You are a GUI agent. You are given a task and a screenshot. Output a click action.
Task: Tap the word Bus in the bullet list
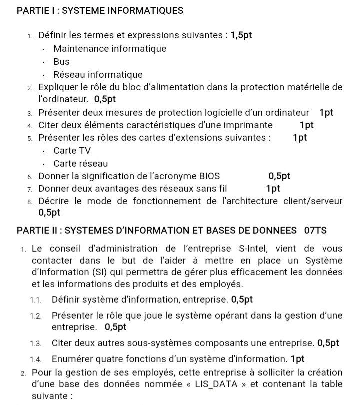[x=62, y=62]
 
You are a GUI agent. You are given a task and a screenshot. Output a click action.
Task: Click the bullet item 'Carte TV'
[x=72, y=150]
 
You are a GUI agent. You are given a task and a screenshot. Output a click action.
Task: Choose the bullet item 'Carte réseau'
[x=81, y=163]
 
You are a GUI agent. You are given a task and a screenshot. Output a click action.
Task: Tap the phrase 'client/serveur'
[x=313, y=201]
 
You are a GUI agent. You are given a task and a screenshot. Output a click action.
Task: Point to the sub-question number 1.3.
[x=35, y=343]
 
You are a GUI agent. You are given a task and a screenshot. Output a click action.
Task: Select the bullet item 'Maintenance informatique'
[x=110, y=49]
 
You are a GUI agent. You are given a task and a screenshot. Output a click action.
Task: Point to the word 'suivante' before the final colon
[x=49, y=396]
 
